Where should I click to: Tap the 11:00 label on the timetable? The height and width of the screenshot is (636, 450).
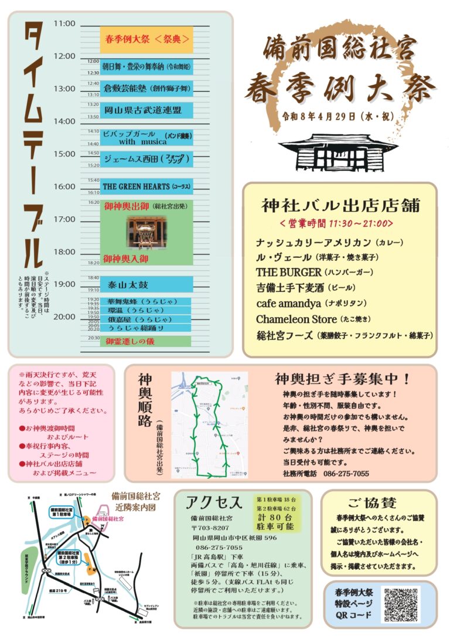[64, 24]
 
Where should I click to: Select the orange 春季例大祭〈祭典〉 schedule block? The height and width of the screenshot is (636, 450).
[146, 40]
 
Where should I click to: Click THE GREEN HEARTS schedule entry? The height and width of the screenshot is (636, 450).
[146, 186]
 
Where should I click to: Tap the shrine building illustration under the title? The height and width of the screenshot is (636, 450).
[343, 151]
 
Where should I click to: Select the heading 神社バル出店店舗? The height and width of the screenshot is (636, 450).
[341, 206]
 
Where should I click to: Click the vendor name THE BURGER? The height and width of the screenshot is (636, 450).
[288, 273]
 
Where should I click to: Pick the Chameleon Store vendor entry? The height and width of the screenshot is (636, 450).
[296, 319]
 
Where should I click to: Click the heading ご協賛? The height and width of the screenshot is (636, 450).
[371, 502]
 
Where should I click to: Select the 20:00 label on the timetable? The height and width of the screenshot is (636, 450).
[64, 317]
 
